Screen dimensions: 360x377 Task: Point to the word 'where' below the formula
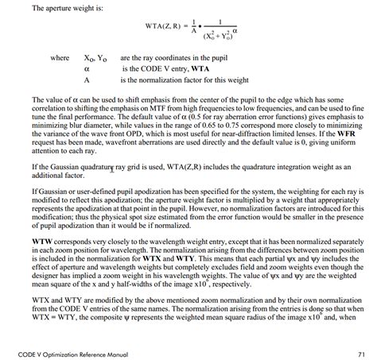click(60, 58)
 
